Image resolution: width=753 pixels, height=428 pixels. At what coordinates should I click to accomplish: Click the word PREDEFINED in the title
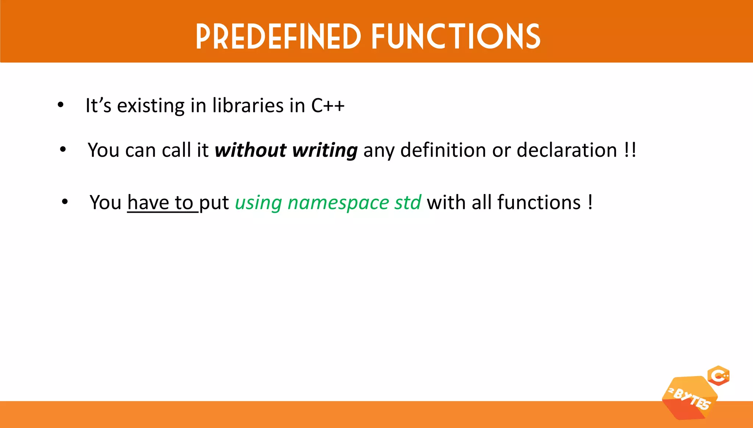[278, 36]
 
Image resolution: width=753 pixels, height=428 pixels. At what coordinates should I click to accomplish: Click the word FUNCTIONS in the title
[456, 36]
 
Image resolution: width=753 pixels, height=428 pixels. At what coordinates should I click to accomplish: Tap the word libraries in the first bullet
[248, 106]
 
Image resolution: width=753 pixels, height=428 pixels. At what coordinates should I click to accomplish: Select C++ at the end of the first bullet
[328, 106]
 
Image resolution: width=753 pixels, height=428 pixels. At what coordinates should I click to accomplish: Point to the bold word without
[250, 150]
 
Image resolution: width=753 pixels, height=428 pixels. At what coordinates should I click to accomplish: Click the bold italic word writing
[325, 151]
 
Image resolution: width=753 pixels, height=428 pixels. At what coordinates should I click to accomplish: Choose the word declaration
[567, 150]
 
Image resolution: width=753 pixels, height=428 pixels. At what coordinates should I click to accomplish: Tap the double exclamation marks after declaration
[630, 150]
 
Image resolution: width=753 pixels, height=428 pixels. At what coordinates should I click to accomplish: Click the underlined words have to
[160, 203]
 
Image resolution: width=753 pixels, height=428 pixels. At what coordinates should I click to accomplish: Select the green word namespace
[338, 203]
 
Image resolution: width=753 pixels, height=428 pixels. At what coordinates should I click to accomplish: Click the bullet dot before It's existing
[61, 105]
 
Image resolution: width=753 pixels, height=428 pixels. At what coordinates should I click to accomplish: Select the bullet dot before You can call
[63, 150]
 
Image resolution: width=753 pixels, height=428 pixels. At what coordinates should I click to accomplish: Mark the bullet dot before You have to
[65, 202]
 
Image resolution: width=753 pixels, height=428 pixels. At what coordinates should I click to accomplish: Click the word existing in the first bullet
[151, 106]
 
